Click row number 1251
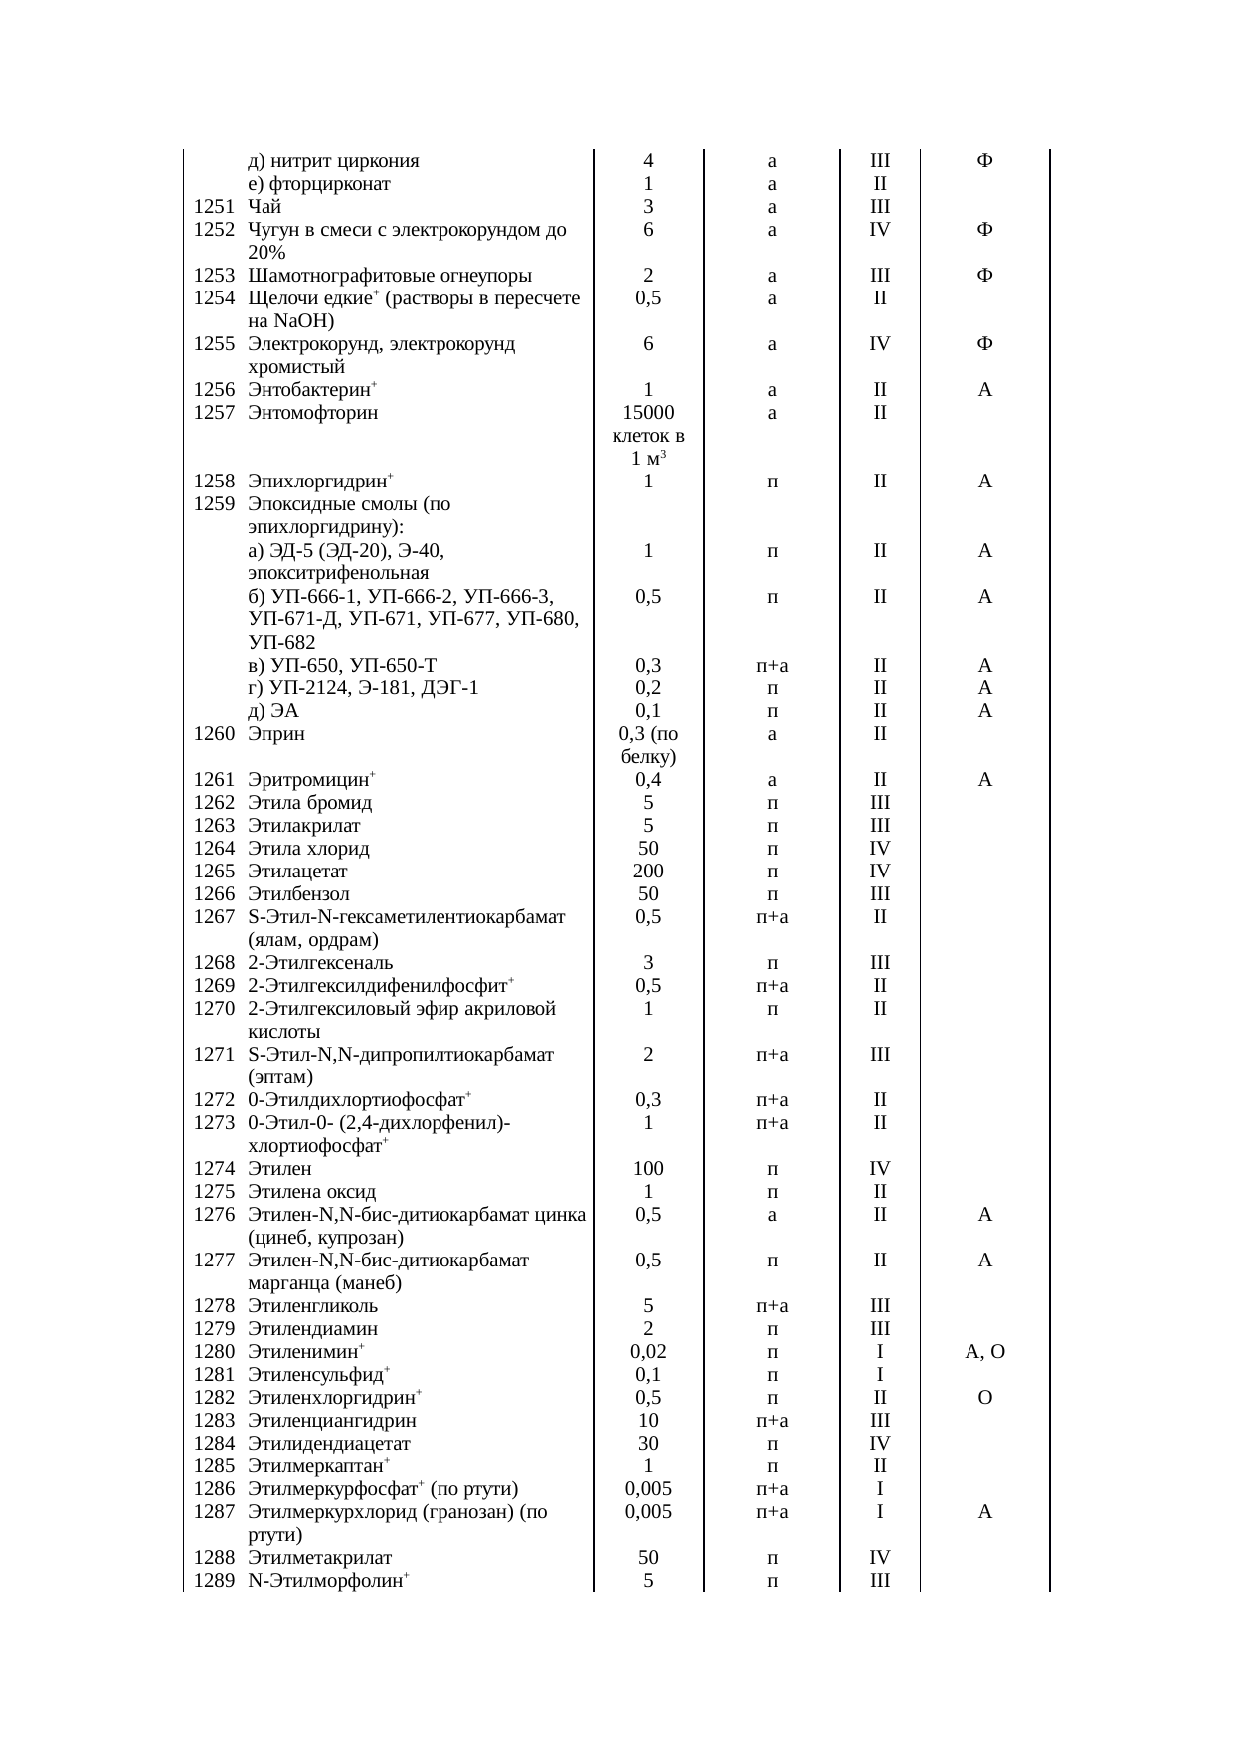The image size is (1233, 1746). click(x=214, y=207)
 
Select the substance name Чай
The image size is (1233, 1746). click(x=264, y=207)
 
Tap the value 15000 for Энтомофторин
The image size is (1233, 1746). click(x=648, y=413)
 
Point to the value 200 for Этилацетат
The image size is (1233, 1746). click(x=648, y=872)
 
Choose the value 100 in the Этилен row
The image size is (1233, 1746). click(x=648, y=1169)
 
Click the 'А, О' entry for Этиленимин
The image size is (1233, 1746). click(x=984, y=1352)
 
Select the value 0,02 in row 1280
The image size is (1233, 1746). click(x=648, y=1352)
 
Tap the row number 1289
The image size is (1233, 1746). click(x=214, y=1581)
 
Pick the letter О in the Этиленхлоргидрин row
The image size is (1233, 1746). click(x=984, y=1398)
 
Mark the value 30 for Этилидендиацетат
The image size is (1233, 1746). click(x=648, y=1444)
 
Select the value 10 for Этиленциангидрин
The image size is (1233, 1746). click(x=648, y=1421)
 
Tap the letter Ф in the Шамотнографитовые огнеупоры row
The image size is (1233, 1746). click(x=984, y=276)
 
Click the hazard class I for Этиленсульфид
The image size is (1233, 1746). click(x=880, y=1375)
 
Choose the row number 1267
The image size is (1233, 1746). click(x=214, y=917)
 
